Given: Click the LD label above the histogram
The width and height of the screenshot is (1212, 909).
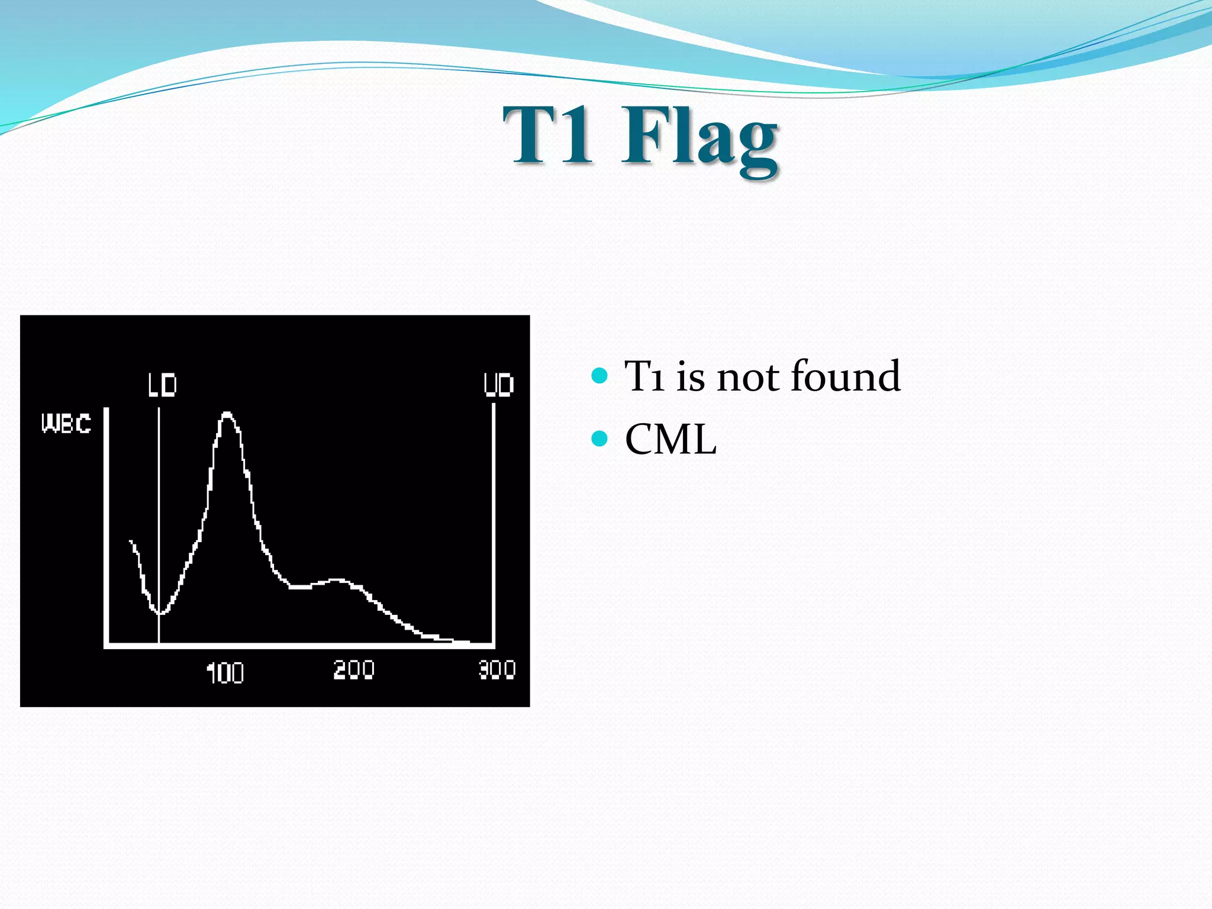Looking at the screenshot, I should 162,385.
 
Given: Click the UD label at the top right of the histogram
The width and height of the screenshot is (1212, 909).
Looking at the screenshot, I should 498,385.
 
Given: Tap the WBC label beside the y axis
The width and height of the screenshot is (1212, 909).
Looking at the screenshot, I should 66,424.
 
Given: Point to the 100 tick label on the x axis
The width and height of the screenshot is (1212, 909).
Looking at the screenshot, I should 225,673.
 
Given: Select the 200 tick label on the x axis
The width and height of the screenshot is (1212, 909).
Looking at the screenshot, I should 353,670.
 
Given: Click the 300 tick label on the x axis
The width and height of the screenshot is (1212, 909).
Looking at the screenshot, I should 497,670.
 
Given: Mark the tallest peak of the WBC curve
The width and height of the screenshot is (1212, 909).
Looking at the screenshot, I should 227,414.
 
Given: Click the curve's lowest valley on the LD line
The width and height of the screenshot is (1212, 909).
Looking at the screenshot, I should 159,613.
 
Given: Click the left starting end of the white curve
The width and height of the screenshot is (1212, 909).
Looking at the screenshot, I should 131,541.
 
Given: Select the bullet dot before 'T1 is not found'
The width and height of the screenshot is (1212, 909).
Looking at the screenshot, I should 599,375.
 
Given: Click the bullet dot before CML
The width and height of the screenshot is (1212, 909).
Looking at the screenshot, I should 599,439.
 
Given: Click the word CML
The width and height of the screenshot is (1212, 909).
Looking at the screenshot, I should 671,440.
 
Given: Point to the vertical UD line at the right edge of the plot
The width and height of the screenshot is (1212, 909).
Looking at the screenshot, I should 493,521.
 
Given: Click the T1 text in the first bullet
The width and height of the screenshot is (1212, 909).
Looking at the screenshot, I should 644,376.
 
